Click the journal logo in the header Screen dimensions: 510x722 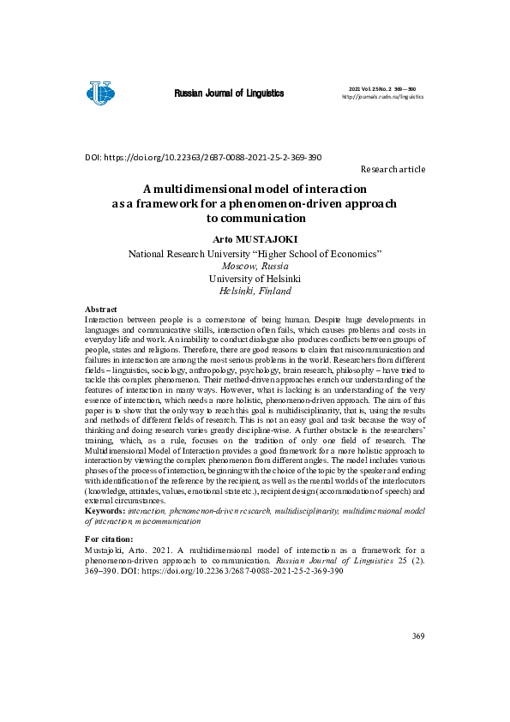[x=100, y=92]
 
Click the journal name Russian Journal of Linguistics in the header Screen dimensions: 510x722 [x=229, y=93]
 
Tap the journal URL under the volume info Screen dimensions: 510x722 [x=382, y=97]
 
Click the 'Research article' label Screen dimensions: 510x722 [x=393, y=170]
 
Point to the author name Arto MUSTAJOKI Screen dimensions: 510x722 [x=255, y=239]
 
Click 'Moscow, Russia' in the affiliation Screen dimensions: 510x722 [x=255, y=266]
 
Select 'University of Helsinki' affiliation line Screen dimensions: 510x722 [x=255, y=279]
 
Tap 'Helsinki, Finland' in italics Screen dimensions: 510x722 [x=255, y=291]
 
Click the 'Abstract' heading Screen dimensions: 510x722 [x=100, y=309]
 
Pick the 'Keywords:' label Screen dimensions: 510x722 [x=105, y=510]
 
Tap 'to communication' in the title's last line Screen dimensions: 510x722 [x=255, y=219]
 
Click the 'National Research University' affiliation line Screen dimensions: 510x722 [x=255, y=254]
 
